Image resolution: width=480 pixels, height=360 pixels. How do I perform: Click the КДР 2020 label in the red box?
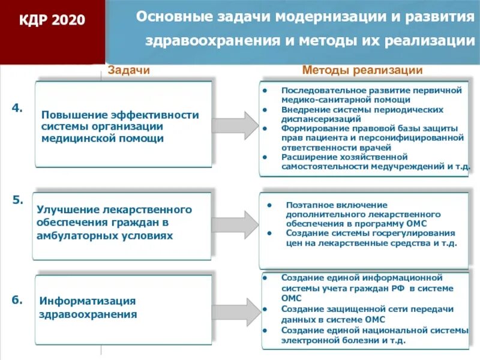tap(52, 21)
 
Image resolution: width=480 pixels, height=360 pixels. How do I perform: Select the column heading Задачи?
tap(128, 70)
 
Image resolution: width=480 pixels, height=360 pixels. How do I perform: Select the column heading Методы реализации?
tap(362, 70)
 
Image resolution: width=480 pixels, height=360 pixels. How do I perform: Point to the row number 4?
tap(17, 108)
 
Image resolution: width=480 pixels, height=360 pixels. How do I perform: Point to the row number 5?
tap(17, 200)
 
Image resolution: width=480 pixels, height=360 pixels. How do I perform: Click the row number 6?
tap(17, 299)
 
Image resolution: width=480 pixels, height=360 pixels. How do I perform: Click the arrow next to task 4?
tap(235, 125)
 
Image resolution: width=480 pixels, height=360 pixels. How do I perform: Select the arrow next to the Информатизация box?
tap(235, 308)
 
